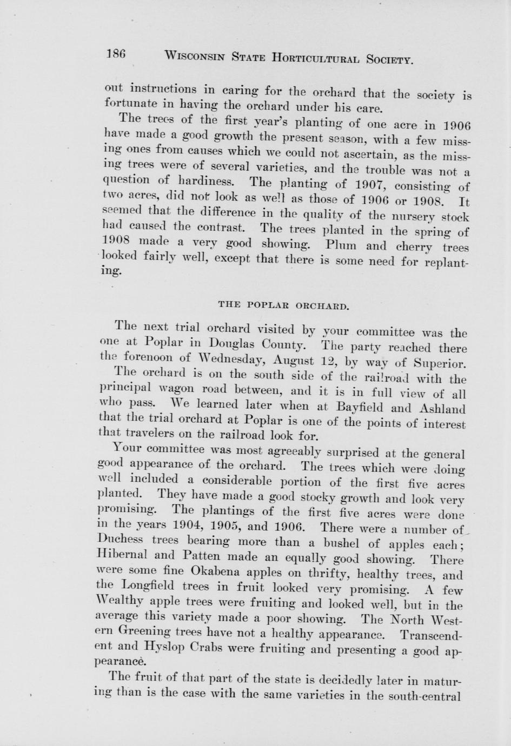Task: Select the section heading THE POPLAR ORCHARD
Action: click(x=283, y=305)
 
